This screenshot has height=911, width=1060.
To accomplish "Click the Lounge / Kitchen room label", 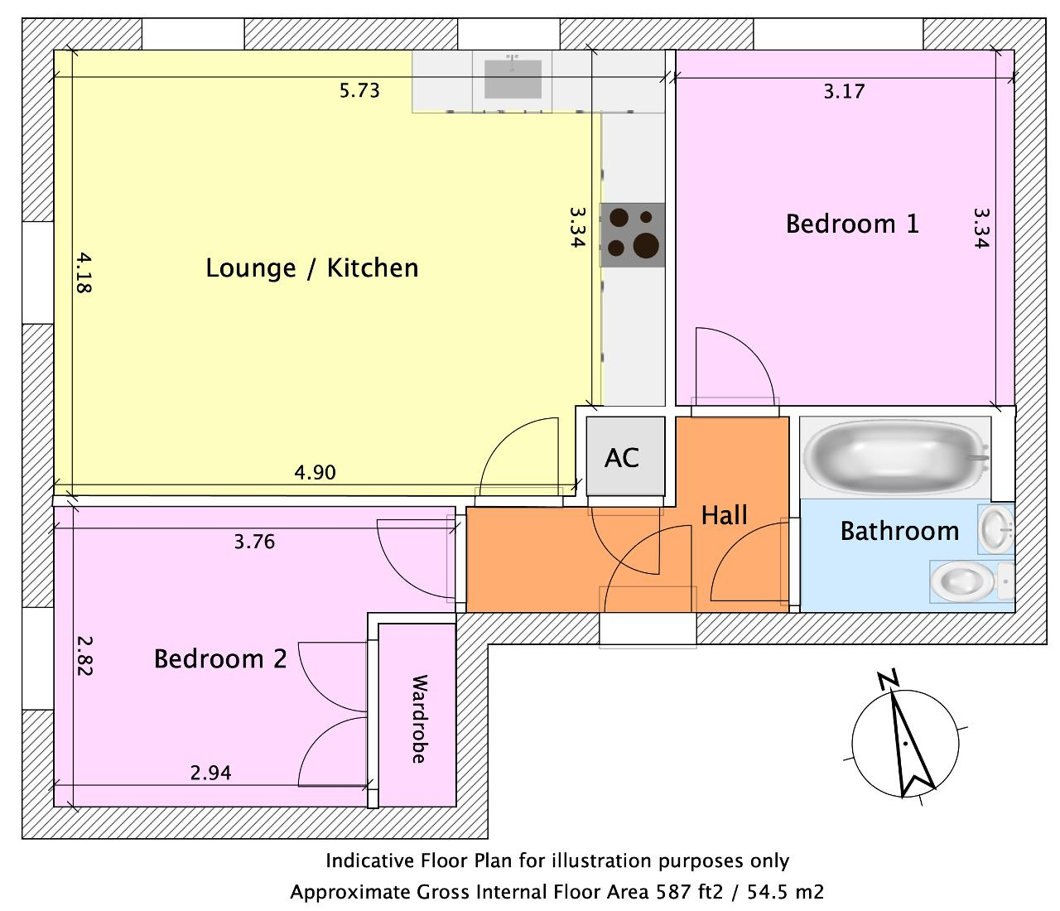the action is (x=312, y=268).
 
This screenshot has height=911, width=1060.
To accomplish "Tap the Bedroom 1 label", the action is (x=852, y=224).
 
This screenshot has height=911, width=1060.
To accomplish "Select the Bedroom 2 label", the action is (x=220, y=659).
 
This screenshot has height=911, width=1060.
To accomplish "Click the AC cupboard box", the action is (x=625, y=456).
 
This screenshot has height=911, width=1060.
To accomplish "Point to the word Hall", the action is (x=724, y=515).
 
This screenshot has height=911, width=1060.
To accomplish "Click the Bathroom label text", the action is (x=899, y=531).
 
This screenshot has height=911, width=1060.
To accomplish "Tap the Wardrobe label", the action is (x=419, y=719).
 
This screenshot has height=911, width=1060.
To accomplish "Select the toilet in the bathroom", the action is (x=971, y=581).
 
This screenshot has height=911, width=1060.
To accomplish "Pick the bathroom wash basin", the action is (x=996, y=529).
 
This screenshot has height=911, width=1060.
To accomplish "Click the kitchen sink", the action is (x=513, y=79).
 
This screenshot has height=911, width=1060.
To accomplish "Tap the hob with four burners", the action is (x=633, y=235).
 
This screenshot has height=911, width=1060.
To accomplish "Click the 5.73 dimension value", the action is (x=359, y=91).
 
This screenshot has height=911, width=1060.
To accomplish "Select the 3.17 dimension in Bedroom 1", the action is (x=844, y=91).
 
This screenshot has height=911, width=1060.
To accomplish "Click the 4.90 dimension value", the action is (x=315, y=472).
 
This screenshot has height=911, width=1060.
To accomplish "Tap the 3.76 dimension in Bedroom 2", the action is (x=254, y=542).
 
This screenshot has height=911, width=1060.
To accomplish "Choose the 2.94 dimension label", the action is (x=211, y=773).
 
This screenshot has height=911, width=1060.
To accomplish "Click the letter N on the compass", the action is (x=888, y=681).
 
